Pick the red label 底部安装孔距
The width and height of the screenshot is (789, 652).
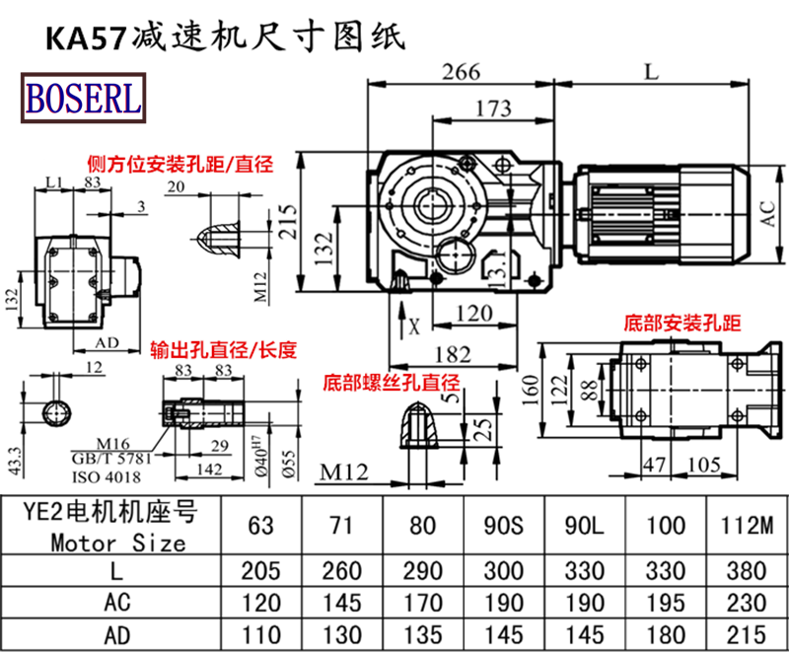(x=681, y=323)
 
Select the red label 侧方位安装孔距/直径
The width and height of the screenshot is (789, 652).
(x=179, y=164)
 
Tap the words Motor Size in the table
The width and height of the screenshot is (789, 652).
(x=117, y=543)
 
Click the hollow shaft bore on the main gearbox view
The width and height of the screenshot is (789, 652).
(x=430, y=206)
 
